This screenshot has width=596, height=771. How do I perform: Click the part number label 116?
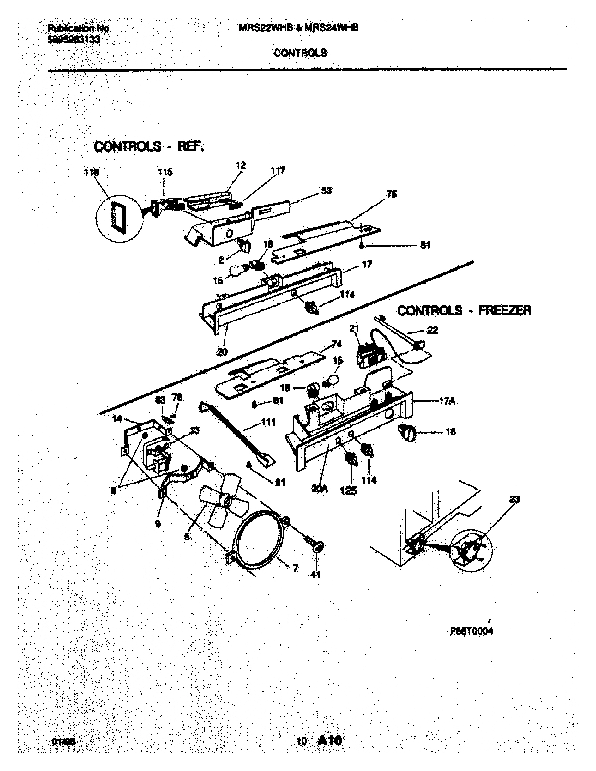92,173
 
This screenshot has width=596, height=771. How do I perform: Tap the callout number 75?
392,194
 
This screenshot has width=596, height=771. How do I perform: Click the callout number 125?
348,491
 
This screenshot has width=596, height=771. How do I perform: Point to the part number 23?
515,499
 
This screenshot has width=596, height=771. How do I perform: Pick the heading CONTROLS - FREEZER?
464,310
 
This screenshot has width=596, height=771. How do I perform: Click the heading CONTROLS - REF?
149,146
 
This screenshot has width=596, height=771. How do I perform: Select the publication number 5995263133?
73,40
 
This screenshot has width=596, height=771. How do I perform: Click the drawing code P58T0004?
471,631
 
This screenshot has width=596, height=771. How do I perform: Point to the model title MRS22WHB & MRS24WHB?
299,28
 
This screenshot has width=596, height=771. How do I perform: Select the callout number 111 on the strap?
269,423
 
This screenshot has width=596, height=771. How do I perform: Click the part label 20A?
319,489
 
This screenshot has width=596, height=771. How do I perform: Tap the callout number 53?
326,191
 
